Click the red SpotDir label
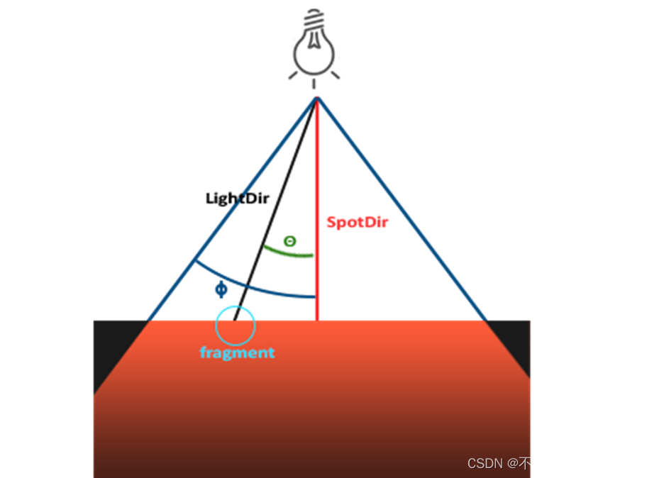click(x=357, y=222)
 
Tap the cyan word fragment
click(x=237, y=352)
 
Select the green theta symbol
click(x=289, y=241)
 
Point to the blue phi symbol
click(x=221, y=289)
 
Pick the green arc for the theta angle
click(x=287, y=252)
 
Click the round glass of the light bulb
click(x=313, y=56)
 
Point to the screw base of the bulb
click(x=312, y=21)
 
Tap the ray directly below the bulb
click(x=313, y=84)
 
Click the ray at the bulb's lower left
click(x=292, y=75)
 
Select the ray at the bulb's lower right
click(x=335, y=74)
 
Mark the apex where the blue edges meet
click(x=316, y=98)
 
